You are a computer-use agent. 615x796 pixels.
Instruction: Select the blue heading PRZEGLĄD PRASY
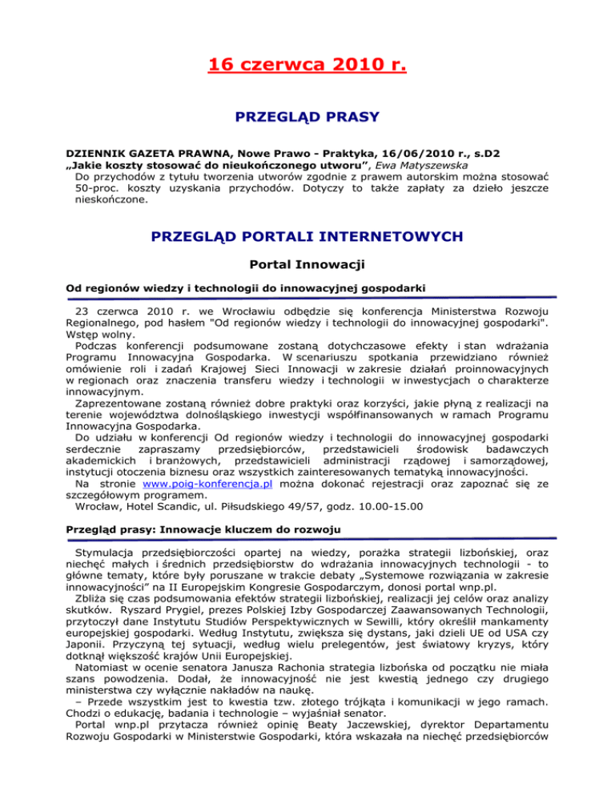[307, 117]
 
